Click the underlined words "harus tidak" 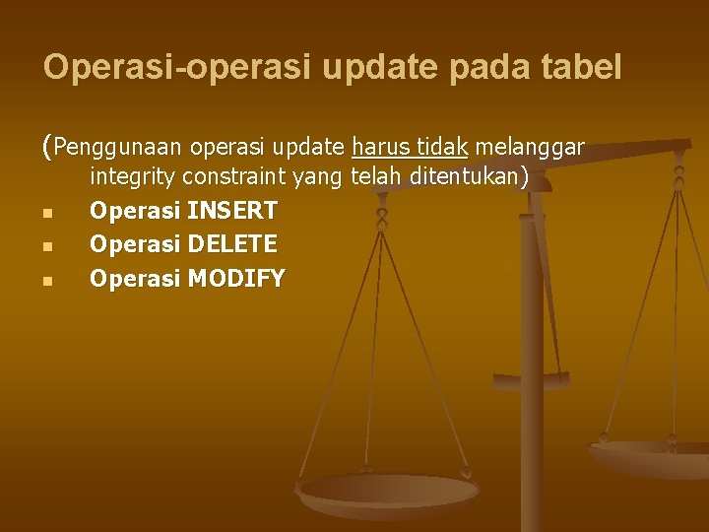click(410, 148)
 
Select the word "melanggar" click(531, 148)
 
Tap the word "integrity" click(131, 178)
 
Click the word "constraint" click(232, 178)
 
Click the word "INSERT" click(232, 211)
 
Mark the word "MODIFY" click(236, 277)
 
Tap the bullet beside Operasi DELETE click(47, 245)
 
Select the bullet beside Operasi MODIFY click(47, 279)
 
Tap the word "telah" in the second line click(374, 178)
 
